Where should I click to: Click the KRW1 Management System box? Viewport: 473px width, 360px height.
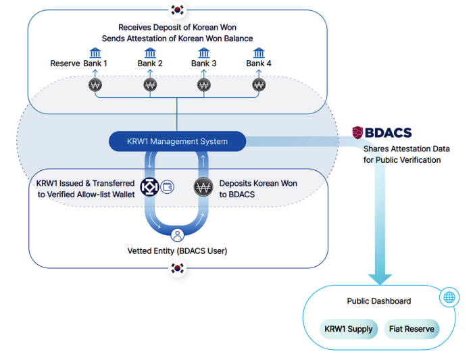[x=178, y=141]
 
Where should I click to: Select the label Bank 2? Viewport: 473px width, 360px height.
[x=150, y=63]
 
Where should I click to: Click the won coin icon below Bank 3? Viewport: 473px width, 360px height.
[x=204, y=85]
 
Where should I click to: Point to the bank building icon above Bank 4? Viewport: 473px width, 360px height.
[x=259, y=53]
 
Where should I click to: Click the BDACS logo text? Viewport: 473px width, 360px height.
[x=382, y=132]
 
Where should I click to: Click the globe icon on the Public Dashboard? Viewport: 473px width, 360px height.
[x=449, y=297]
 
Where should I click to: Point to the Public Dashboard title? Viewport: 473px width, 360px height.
[x=378, y=301]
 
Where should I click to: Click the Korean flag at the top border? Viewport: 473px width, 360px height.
[x=178, y=10]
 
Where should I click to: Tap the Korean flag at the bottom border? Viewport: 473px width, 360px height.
[x=178, y=268]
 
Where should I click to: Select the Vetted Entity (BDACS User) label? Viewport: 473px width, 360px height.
[x=178, y=251]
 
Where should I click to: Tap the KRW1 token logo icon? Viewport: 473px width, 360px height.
[x=149, y=187]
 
